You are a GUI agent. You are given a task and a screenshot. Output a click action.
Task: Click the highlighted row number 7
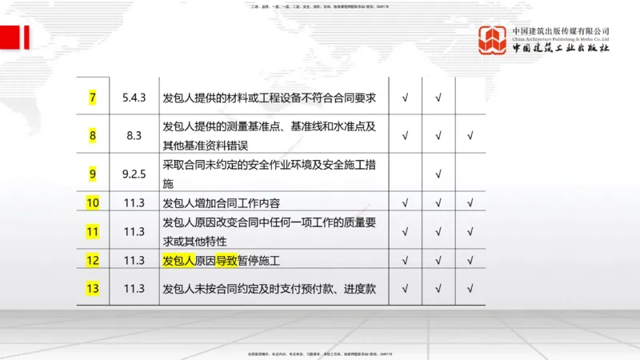[93, 98]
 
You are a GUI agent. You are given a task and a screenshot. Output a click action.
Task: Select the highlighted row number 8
[93, 135]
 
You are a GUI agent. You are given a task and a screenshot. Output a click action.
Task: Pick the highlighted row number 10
[93, 202]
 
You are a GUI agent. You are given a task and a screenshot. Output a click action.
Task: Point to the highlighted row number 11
[93, 232]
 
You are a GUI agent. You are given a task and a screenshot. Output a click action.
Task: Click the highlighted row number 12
[93, 260]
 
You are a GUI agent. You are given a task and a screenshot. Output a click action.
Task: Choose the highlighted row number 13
[93, 288]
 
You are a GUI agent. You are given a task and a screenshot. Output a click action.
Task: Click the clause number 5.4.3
[134, 98]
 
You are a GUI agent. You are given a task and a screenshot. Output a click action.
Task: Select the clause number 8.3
[134, 135]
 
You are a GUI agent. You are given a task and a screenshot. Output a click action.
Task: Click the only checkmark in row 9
[438, 173]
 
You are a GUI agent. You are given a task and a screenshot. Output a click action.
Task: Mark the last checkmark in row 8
[470, 135]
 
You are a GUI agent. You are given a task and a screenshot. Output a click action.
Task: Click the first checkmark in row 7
[406, 98]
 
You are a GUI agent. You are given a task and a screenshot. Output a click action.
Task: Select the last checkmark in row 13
[470, 288]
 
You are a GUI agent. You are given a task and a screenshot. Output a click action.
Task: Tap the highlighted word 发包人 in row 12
[178, 260]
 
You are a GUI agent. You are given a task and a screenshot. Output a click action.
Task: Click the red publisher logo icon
[493, 40]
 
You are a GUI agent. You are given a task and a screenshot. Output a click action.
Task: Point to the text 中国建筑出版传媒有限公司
[561, 30]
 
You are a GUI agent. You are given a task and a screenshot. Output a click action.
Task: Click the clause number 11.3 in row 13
[134, 288]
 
